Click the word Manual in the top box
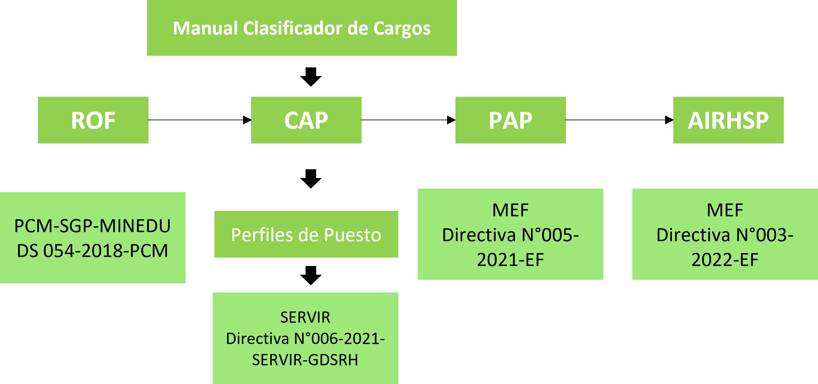pos(205,28)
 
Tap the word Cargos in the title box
pos(402,28)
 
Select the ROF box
pos(93,120)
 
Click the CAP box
pos(306,120)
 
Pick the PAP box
pos(511,120)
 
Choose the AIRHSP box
pos(728,120)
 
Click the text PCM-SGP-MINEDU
pos(93,226)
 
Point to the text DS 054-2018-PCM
pos(93,251)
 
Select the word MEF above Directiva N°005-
pos(511,210)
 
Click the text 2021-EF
pos(511,260)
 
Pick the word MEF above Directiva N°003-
pos(725,210)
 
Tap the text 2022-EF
pos(725,260)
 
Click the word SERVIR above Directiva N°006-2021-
pos(305,317)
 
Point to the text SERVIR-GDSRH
pos(305,360)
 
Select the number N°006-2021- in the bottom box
pos(340,339)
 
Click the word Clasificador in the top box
pos(293,28)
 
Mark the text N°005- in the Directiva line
pos(550,235)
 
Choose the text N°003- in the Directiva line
pos(764,235)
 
